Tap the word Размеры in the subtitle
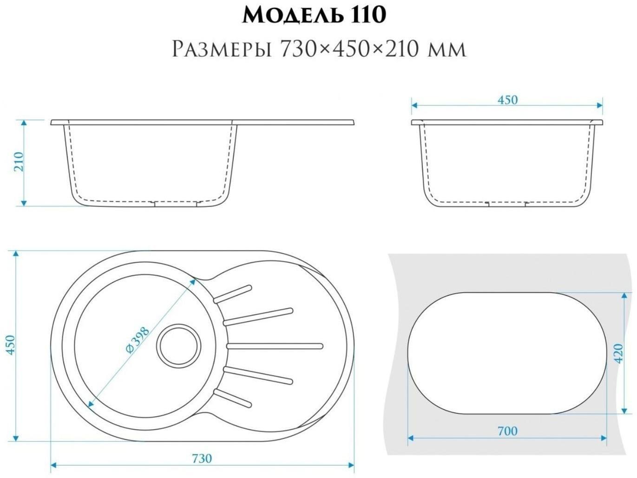tap(222, 49)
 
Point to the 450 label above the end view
tap(507, 100)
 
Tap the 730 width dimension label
tap(202, 459)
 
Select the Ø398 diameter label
tap(138, 340)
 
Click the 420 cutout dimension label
tap(617, 354)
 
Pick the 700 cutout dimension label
tap(507, 431)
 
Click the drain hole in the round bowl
tap(179, 345)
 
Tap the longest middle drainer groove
tap(275, 345)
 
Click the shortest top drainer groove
tap(233, 294)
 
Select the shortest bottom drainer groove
tap(233, 398)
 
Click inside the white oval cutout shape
tap(507, 353)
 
